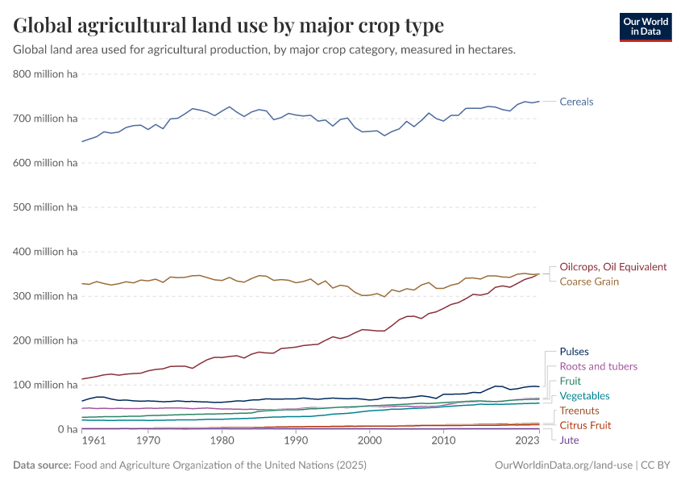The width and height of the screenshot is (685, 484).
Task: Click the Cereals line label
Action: pos(576,102)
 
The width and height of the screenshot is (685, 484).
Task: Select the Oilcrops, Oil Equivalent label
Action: pos(612,267)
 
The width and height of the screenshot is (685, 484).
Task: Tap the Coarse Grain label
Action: pos(589,282)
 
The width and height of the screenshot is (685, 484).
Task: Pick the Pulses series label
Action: pos(574,352)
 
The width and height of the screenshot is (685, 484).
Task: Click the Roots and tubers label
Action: pos(597,366)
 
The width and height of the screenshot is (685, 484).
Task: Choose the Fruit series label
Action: pos(570,381)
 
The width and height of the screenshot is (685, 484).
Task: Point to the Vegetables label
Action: pos(584,396)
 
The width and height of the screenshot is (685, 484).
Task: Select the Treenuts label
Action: pos(579,411)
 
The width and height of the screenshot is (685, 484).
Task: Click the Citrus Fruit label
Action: pos(585,425)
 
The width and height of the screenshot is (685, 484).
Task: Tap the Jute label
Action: pos(569,440)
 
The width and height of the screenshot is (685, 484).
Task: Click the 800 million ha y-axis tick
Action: pos(45,74)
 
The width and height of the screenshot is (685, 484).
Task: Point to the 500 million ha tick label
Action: pos(45,207)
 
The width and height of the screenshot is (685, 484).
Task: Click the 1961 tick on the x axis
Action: pos(93,441)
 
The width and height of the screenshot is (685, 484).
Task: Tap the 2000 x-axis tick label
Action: pos(369,441)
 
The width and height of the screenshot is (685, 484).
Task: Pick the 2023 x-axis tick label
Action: pos(527,441)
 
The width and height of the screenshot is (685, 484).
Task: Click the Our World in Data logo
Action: pos(645,27)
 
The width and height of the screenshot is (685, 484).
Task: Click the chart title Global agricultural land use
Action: pos(228,26)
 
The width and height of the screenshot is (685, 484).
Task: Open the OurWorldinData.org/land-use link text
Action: pos(562,465)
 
